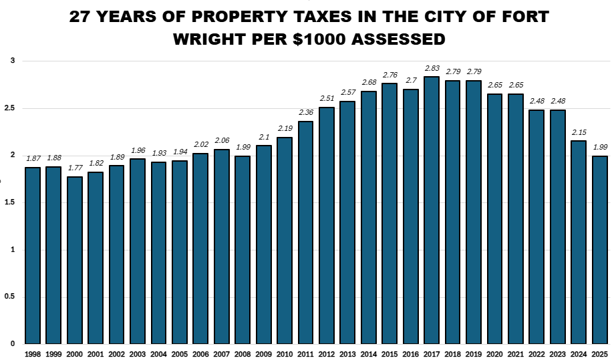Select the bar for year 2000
click(x=75, y=260)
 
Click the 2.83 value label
click(x=432, y=68)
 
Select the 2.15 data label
click(x=578, y=132)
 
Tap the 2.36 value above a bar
click(x=305, y=113)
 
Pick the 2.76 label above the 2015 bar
click(x=390, y=75)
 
